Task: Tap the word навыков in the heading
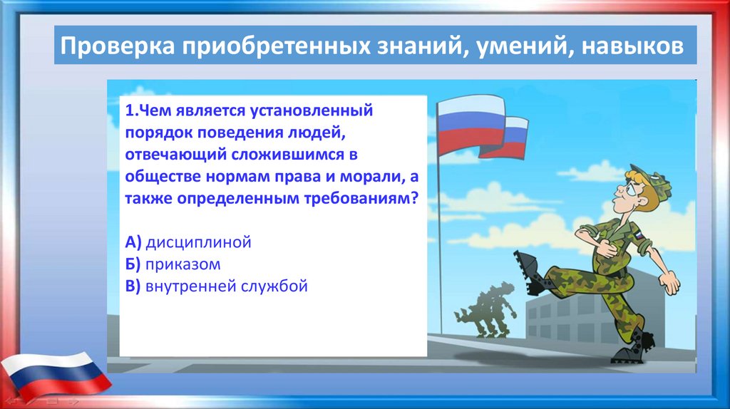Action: pyautogui.click(x=633, y=46)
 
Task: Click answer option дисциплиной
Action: pyautogui.click(x=198, y=242)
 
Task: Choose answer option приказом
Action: pyautogui.click(x=183, y=264)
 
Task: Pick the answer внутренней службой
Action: pyautogui.click(x=227, y=286)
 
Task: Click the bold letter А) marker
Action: pyautogui.click(x=133, y=242)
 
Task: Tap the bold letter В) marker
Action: pyautogui.click(x=133, y=286)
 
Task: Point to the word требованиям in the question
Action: pyautogui.click(x=359, y=199)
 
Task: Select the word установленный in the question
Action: pyautogui.click(x=312, y=110)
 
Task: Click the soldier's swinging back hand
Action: pyautogui.click(x=670, y=282)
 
